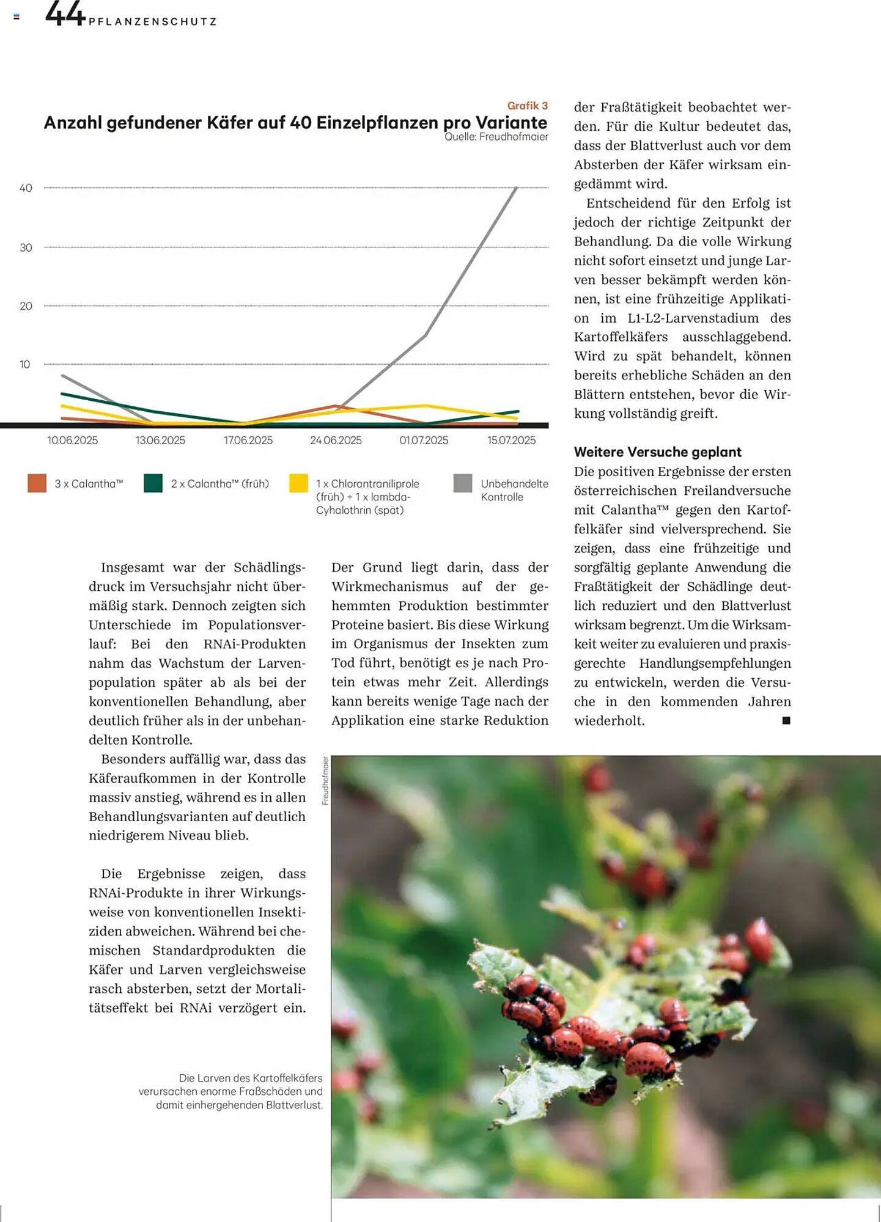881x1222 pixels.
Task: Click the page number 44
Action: [x=64, y=13]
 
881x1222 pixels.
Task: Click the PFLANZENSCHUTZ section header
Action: [x=153, y=22]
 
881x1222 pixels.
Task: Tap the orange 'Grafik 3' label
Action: [x=527, y=106]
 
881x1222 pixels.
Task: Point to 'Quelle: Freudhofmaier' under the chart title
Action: [x=496, y=137]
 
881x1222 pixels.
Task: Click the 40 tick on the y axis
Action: [x=26, y=188]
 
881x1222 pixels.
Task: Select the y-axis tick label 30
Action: [x=26, y=247]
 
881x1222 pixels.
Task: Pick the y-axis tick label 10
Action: [x=25, y=365]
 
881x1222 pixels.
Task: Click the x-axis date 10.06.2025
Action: [x=72, y=441]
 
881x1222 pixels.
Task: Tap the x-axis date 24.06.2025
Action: [x=336, y=441]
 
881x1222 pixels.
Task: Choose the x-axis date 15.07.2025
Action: [x=511, y=441]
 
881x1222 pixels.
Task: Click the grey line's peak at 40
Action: [x=517, y=188]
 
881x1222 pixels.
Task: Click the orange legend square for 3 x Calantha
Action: [x=37, y=483]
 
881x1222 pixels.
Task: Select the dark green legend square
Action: [x=153, y=483]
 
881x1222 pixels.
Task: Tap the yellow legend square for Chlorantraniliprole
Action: [x=298, y=483]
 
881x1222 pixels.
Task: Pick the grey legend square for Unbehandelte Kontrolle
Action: [x=463, y=483]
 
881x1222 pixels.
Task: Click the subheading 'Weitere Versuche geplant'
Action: [x=657, y=452]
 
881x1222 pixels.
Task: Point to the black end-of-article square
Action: [x=786, y=720]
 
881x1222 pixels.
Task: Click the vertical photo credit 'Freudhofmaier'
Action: [x=325, y=780]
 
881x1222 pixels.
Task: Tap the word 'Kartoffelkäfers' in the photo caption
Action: [x=287, y=1078]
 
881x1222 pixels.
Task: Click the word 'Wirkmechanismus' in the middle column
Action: [x=391, y=587]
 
